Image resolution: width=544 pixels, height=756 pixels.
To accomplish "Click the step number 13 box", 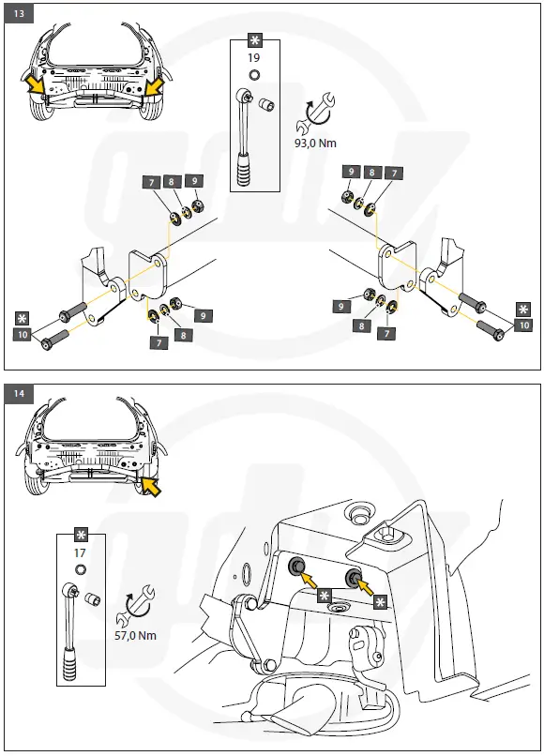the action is [19, 13].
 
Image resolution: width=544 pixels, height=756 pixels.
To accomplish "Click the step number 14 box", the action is [19, 393].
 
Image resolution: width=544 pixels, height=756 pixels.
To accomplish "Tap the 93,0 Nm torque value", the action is [315, 144].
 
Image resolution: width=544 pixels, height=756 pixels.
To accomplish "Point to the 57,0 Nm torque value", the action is [135, 635].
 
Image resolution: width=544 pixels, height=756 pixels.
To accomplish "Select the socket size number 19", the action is [253, 58].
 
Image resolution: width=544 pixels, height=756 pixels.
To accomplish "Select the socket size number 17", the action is [80, 552].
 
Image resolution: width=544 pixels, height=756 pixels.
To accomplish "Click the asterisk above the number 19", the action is [254, 40].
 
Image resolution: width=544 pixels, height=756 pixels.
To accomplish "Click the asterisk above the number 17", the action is [81, 535].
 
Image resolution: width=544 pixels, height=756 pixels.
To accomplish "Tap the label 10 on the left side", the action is [23, 334].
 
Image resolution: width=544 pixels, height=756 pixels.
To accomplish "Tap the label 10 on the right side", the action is [524, 325].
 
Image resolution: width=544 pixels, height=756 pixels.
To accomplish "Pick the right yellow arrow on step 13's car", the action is [155, 87].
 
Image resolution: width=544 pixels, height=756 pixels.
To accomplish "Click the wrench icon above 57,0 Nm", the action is [136, 606].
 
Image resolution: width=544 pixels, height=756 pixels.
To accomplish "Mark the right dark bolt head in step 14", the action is [353, 576].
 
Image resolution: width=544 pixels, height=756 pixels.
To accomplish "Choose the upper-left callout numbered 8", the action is [172, 181].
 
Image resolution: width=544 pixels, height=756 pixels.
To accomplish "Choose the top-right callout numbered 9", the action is [351, 171].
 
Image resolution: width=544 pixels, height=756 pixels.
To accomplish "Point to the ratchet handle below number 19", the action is [246, 135].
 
